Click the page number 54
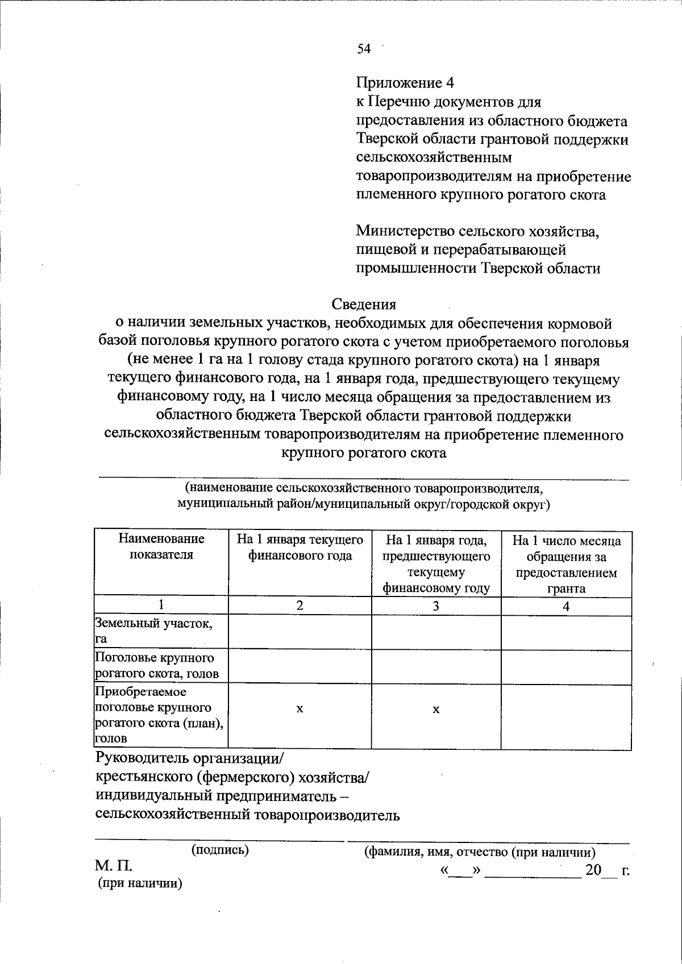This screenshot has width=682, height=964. coord(364,49)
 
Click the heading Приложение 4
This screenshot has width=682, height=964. coord(405,83)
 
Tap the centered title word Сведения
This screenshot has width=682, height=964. coord(364,305)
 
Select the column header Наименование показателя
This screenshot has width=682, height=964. coord(161,546)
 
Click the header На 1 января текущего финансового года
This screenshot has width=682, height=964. coord(300,548)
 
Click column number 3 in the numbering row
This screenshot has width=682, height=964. coord(436,606)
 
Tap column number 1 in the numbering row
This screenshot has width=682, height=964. coord(161,605)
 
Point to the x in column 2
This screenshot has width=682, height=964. coord(300,710)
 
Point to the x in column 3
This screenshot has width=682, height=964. coord(436,710)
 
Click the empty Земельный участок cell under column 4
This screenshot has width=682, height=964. coord(566,632)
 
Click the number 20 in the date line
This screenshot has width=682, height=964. coord(593,870)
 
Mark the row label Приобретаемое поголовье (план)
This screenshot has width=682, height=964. coord(159,715)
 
